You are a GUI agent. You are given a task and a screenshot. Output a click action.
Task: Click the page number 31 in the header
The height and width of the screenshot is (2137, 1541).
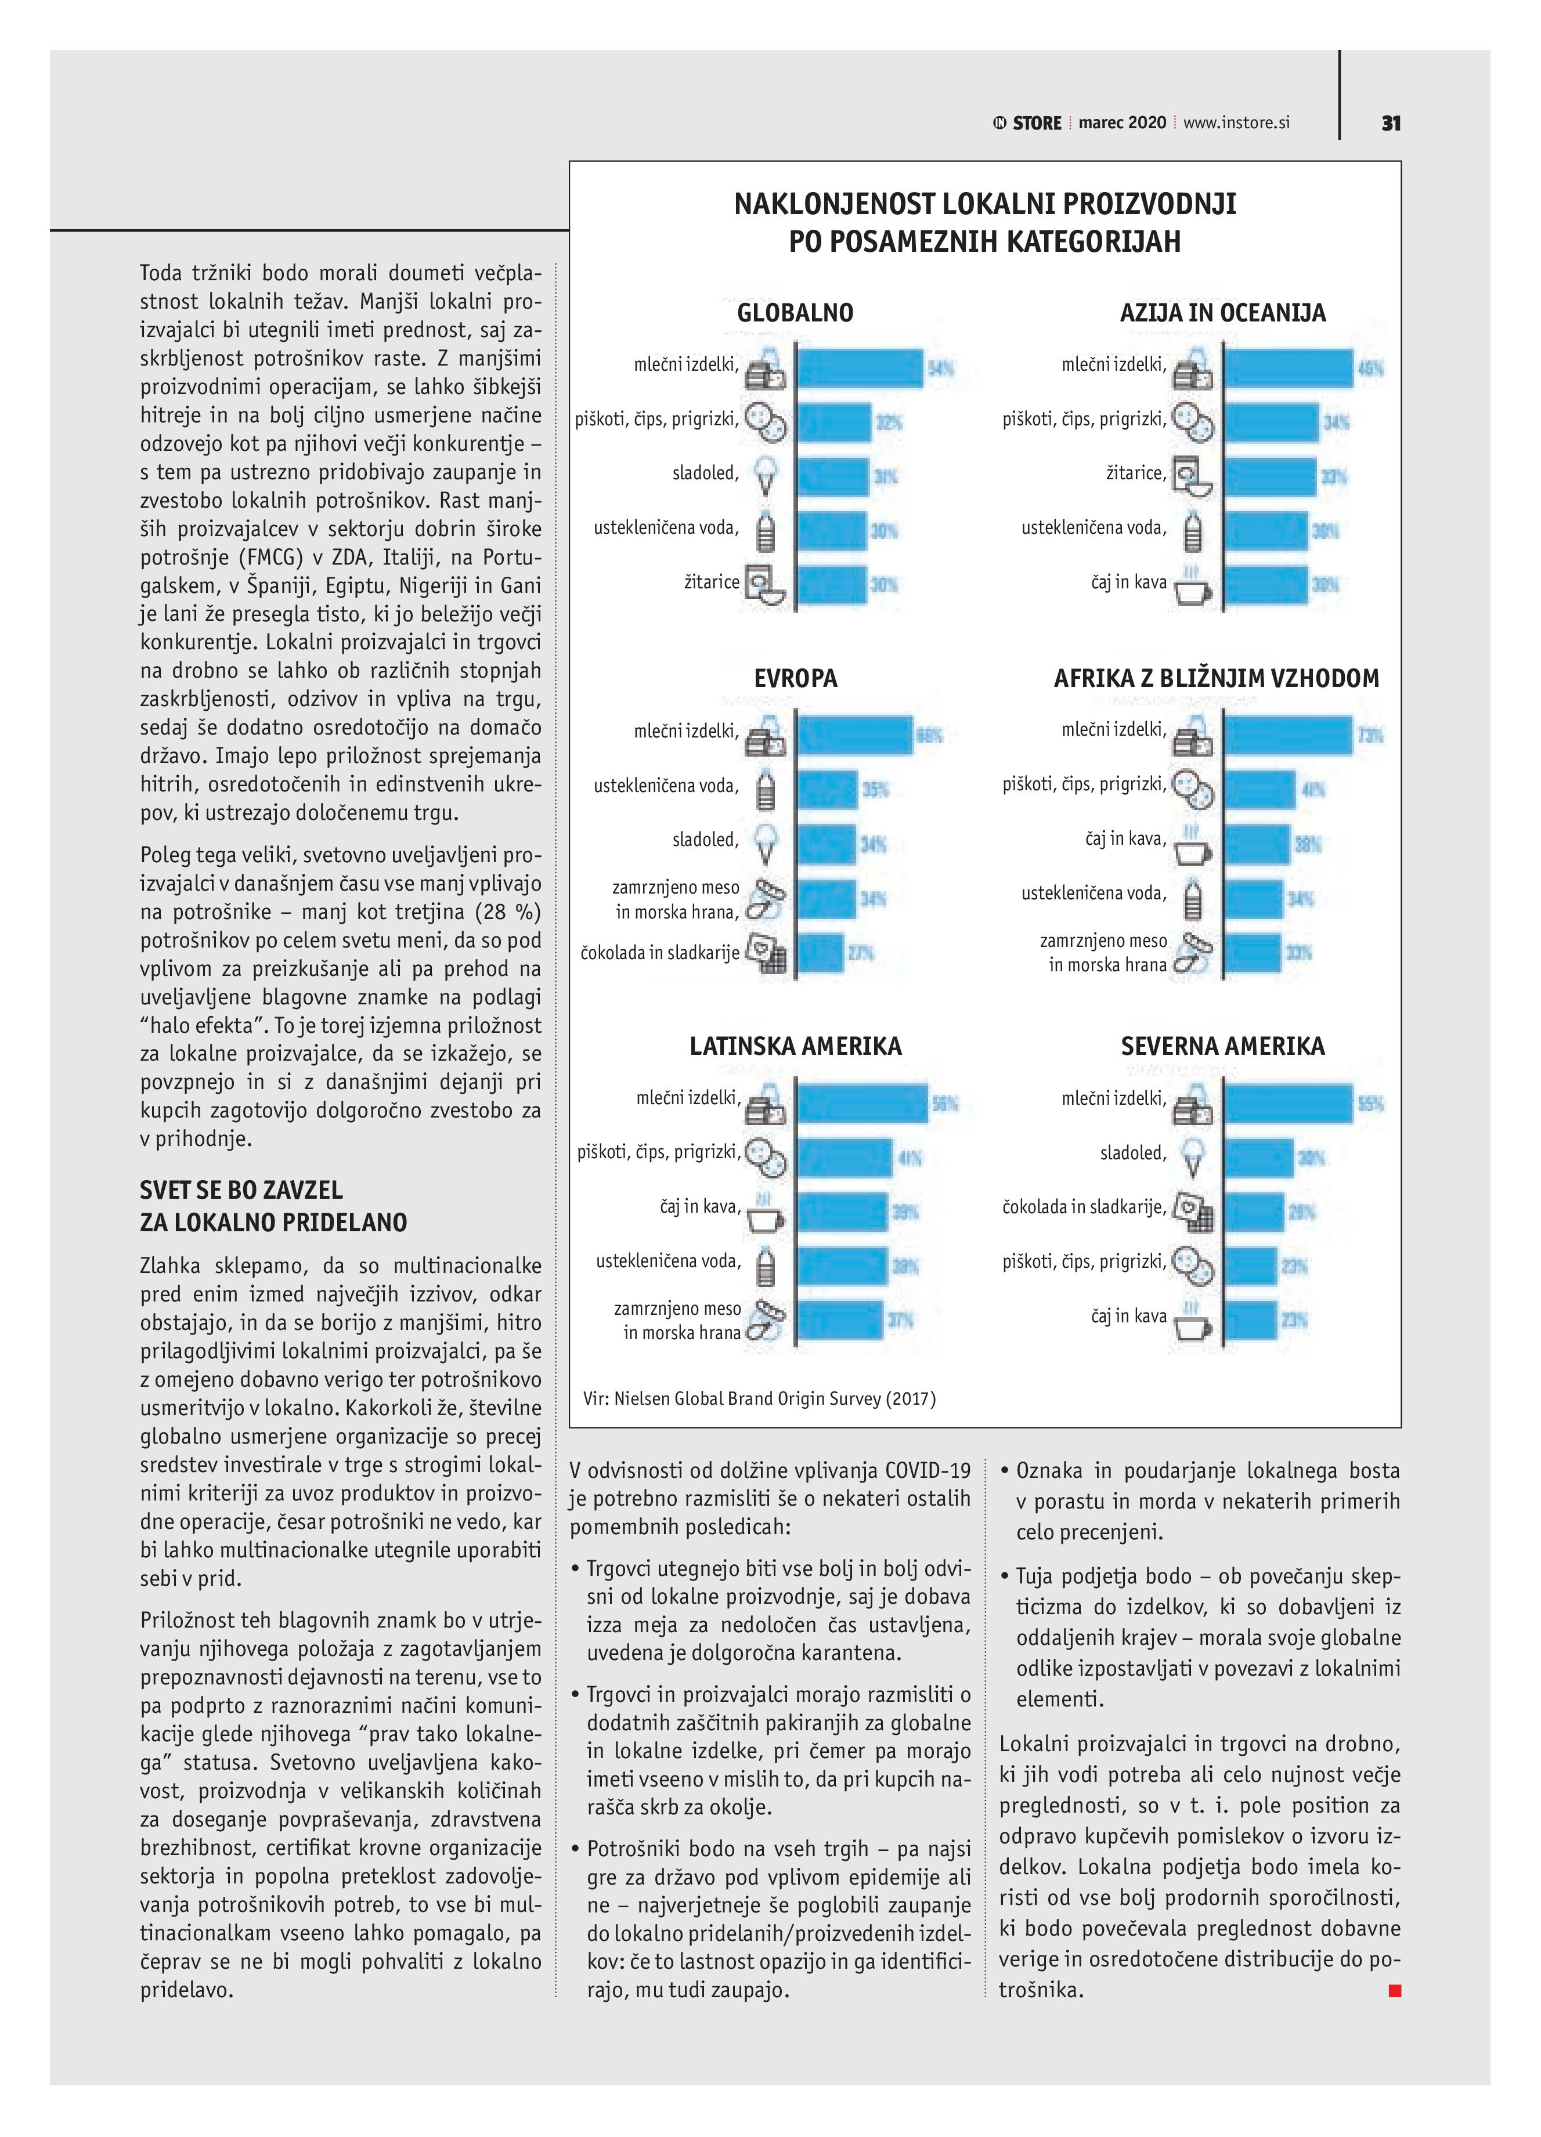point(1390,124)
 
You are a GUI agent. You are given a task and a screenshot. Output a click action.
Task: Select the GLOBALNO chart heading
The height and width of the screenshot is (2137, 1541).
point(795,313)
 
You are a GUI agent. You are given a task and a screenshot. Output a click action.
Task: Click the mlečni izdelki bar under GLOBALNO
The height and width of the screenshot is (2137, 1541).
point(860,368)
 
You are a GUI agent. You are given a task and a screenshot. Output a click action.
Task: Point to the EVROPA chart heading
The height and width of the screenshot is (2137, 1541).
point(795,678)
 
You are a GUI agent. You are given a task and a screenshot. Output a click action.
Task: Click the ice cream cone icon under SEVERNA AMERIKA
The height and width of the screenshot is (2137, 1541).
point(1192,1155)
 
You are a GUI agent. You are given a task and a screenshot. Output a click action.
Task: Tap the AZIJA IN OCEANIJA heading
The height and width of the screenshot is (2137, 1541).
point(1222,313)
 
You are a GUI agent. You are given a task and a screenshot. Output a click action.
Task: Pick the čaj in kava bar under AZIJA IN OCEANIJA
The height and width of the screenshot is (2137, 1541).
point(1265,585)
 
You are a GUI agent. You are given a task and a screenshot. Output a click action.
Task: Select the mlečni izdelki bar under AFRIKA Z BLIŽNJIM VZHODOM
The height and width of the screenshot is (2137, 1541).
point(1287,735)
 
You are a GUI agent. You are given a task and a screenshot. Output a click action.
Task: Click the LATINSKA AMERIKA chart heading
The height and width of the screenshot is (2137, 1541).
point(795,1046)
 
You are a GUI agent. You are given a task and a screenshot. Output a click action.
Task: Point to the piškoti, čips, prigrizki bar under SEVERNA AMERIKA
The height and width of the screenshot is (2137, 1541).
point(1251,1265)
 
